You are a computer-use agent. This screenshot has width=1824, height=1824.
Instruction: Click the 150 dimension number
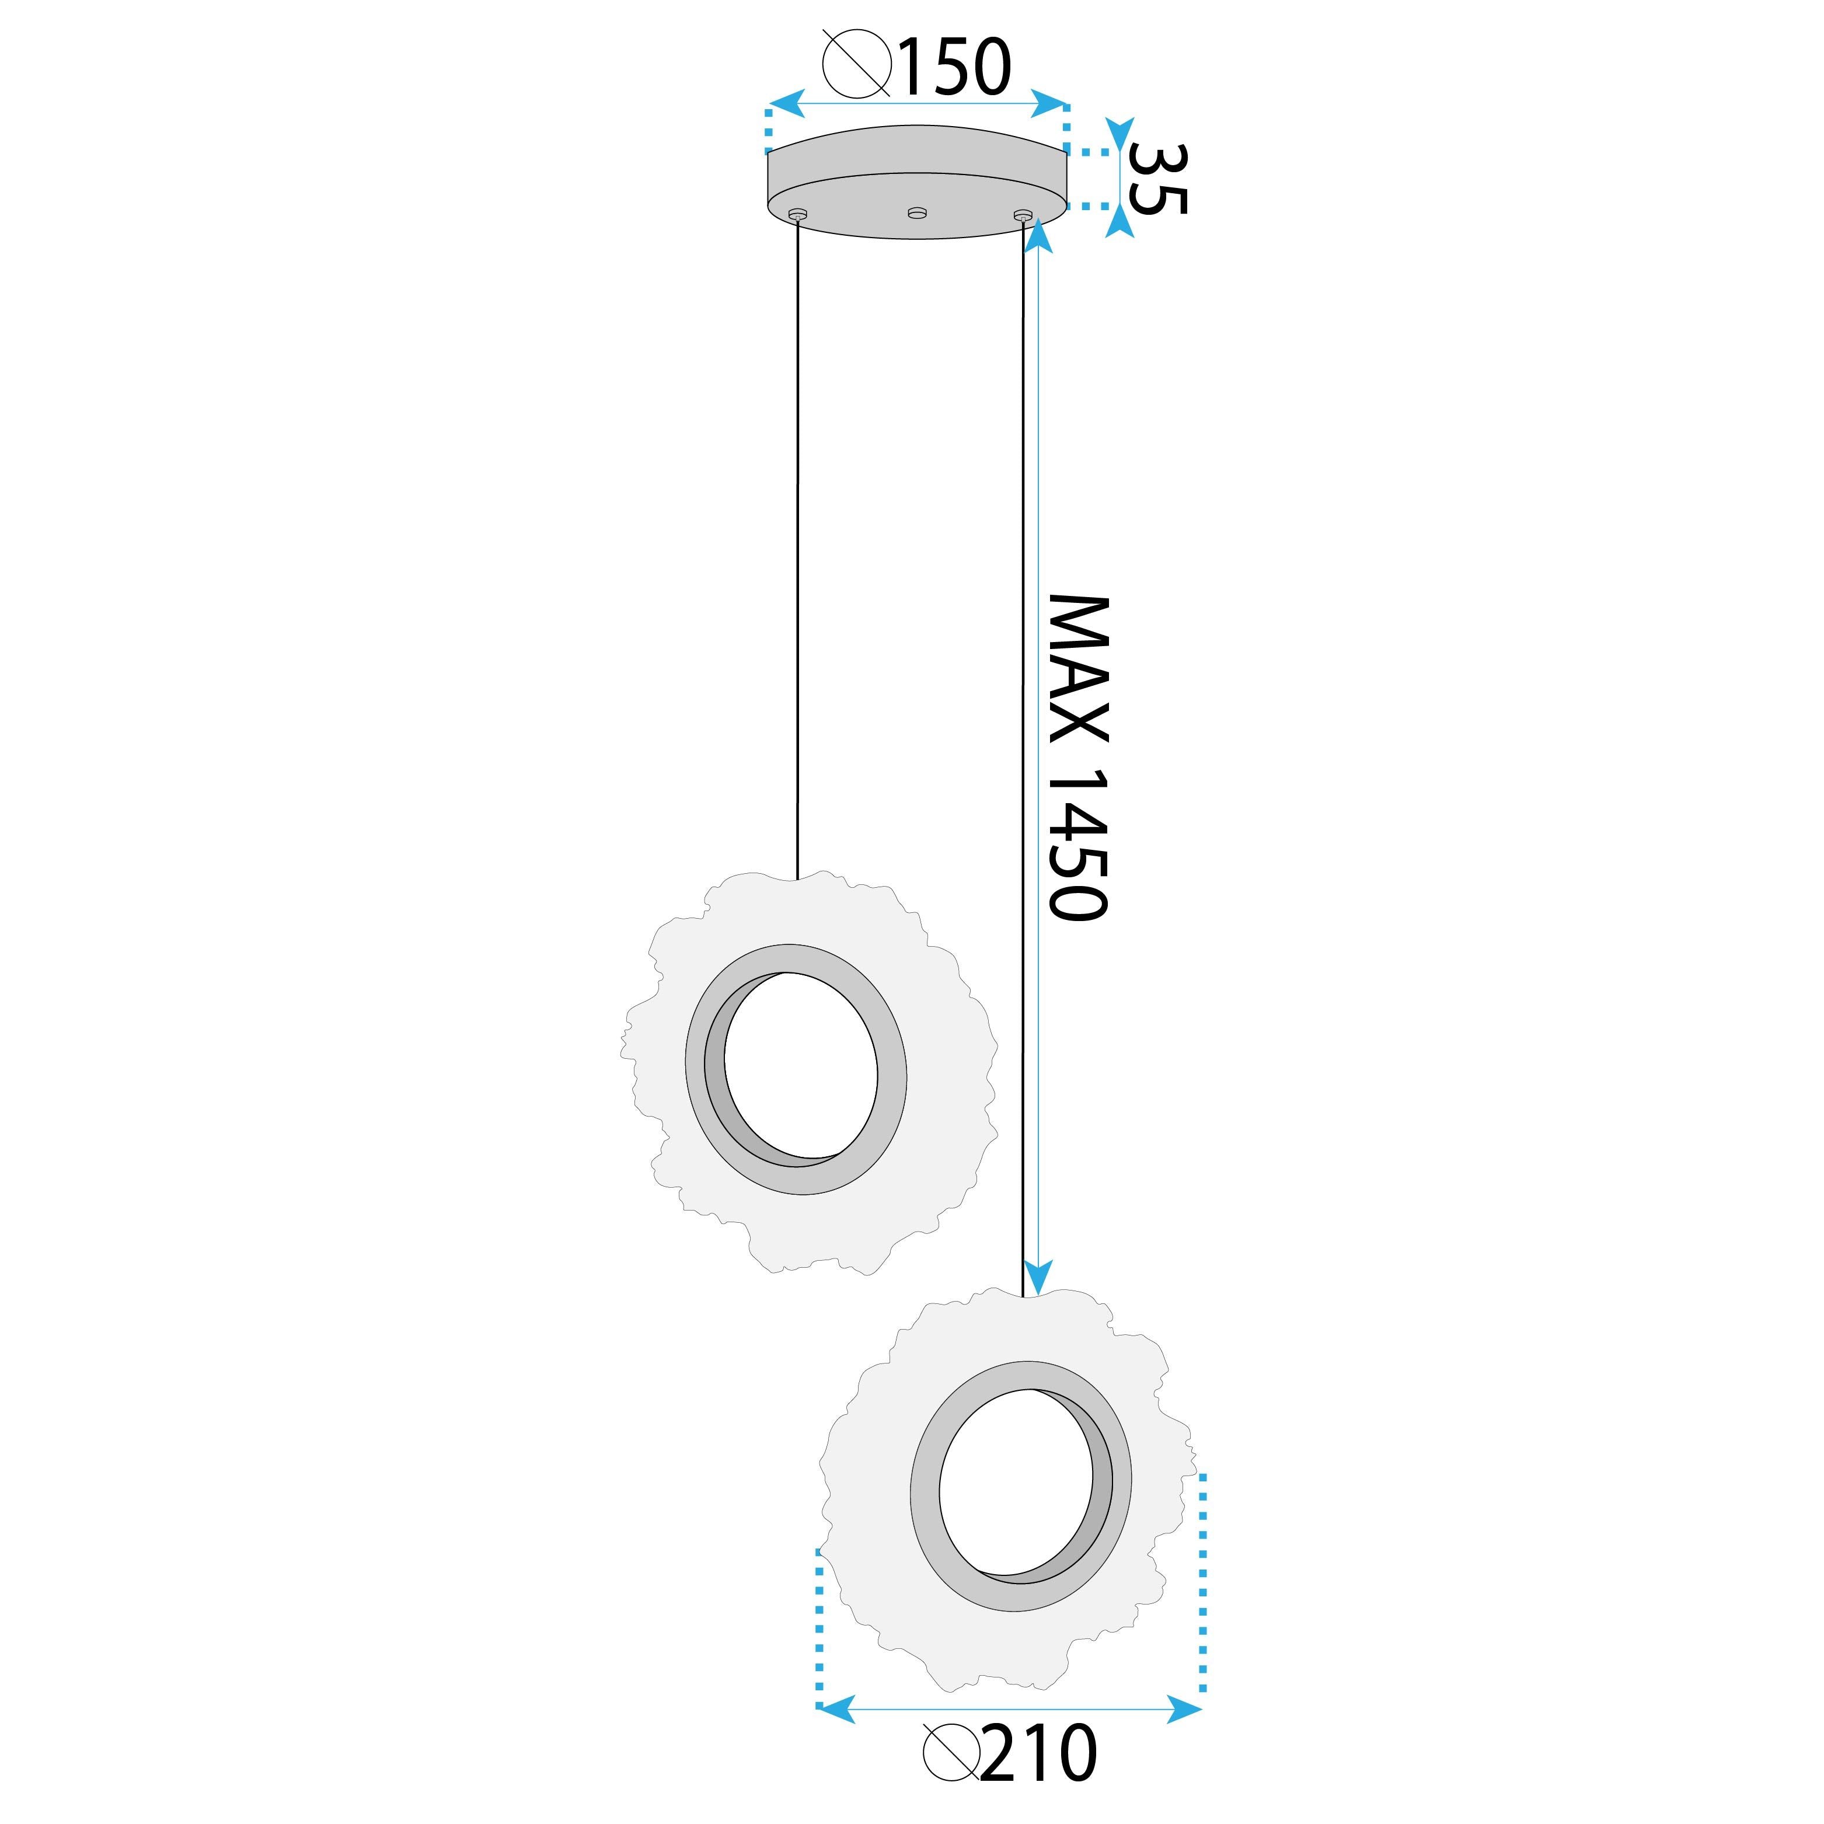click(954, 68)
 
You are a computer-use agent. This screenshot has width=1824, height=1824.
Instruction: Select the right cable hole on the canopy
click(1023, 216)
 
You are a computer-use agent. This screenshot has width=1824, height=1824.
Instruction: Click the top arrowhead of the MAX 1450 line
click(1038, 234)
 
